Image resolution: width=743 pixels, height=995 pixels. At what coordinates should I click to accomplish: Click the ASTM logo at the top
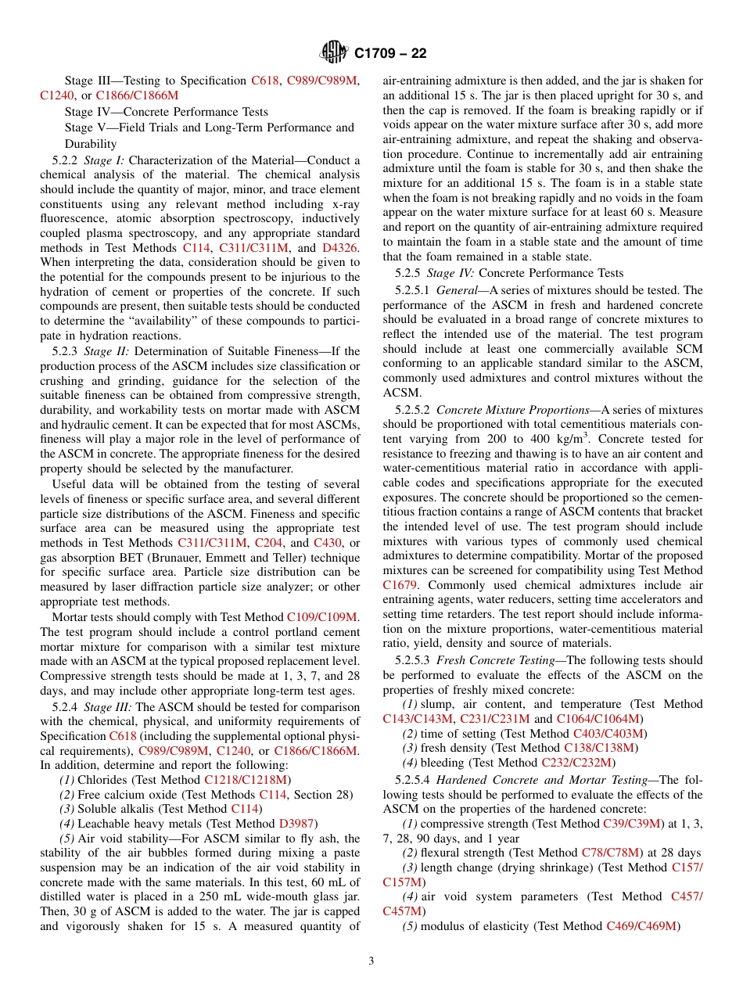(x=334, y=53)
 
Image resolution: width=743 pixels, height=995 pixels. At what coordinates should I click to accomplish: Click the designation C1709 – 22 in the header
(x=390, y=54)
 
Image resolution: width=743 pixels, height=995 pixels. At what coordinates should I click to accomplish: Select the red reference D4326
(x=341, y=247)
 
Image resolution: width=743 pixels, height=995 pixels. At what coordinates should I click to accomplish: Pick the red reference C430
(x=327, y=542)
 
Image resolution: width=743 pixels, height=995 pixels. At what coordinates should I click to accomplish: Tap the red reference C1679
(x=400, y=585)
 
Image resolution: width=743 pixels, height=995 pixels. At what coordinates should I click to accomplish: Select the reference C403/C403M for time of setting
(x=609, y=734)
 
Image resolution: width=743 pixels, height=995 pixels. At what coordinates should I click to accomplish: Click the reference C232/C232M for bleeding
(x=577, y=763)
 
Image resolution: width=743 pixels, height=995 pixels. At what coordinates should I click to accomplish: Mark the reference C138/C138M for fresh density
(x=600, y=749)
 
